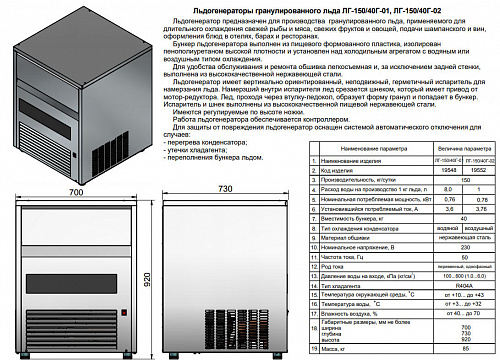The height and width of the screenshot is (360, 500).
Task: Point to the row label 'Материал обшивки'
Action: tap(345, 236)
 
